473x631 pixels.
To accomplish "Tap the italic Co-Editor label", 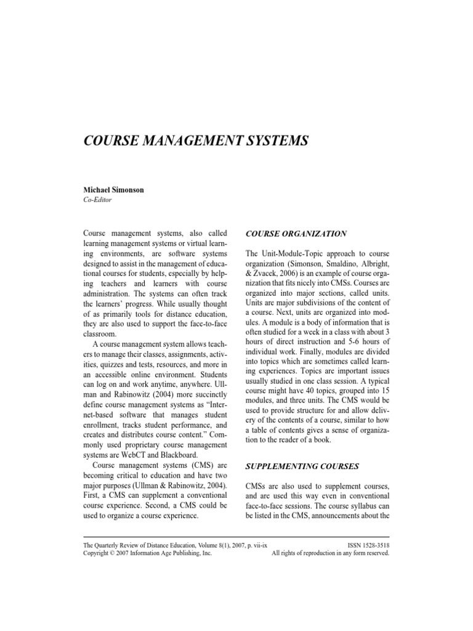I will tap(97, 200).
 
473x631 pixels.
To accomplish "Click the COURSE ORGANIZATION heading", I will tap(296, 234).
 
